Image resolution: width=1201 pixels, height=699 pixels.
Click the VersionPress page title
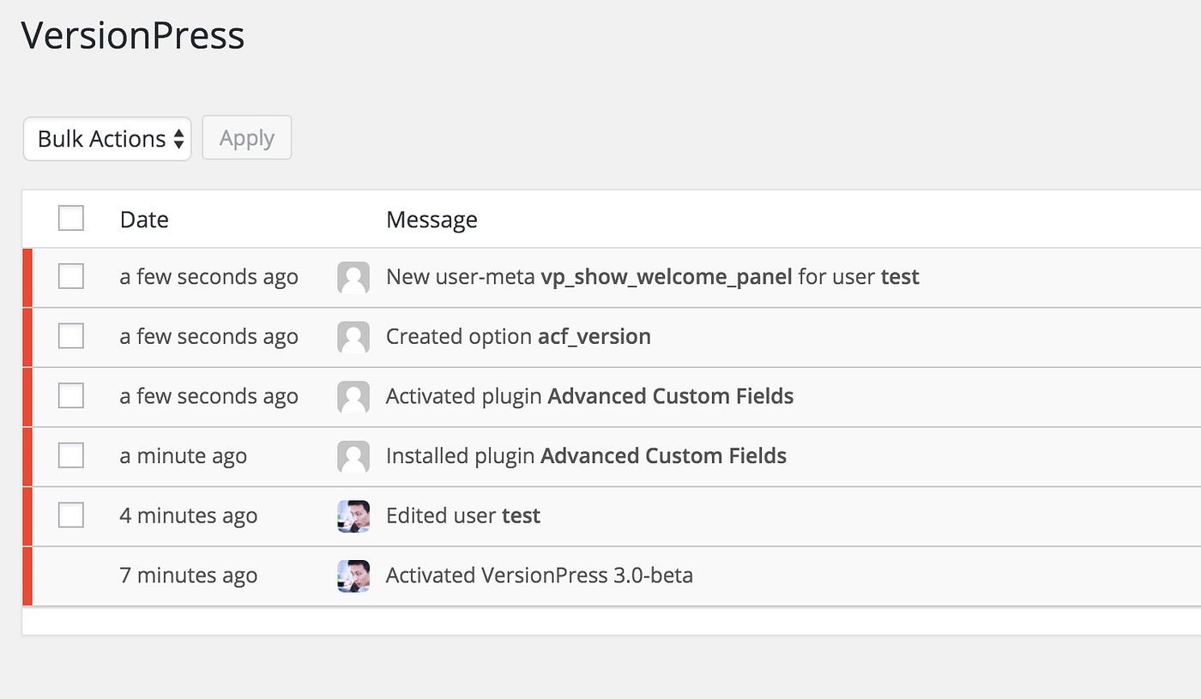pos(132,35)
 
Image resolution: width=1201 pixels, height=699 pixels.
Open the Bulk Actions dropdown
pos(107,139)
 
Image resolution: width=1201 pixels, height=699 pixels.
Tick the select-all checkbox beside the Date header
pos(70,218)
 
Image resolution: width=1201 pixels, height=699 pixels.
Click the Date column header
pos(144,220)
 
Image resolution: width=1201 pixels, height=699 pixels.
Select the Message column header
pos(432,220)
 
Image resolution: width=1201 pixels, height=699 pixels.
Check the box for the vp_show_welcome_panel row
pos(70,276)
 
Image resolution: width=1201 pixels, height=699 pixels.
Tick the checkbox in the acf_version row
pos(70,335)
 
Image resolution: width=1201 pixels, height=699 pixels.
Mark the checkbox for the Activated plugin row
pos(70,395)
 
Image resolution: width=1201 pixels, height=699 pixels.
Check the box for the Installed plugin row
pos(70,455)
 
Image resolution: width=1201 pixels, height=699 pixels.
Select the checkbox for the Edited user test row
pos(70,515)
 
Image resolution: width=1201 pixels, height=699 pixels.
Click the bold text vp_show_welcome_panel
pos(667,277)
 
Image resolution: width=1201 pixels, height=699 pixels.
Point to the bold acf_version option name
pos(594,336)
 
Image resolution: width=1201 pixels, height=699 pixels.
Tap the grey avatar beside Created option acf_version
pos(353,337)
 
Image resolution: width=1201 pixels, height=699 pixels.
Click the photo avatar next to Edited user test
pos(353,516)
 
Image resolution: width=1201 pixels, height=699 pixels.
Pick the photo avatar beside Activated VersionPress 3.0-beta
pos(353,576)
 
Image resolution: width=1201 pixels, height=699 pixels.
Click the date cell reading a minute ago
pos(184,456)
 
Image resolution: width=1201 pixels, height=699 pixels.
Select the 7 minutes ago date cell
pos(189,575)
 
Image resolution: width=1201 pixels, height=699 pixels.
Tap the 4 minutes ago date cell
pos(189,515)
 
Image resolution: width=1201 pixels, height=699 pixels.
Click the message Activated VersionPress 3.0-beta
pos(540,575)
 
